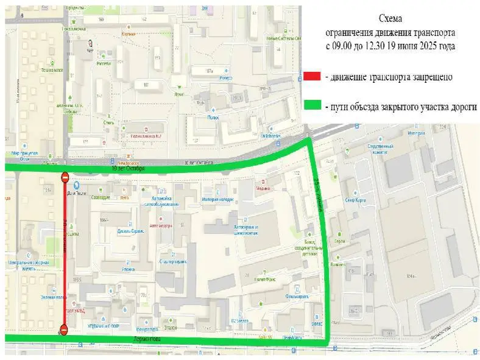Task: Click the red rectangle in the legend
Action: click(x=312, y=76)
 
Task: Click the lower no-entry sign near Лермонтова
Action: click(x=65, y=330)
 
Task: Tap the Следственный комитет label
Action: click(x=382, y=150)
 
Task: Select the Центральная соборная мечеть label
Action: click(x=28, y=265)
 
